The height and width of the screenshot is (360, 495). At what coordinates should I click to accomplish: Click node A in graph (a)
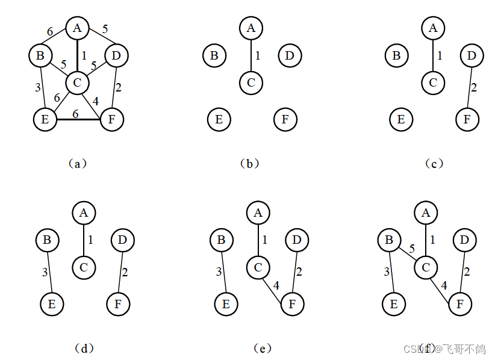[77, 28]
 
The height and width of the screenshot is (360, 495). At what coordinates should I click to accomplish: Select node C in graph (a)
[77, 82]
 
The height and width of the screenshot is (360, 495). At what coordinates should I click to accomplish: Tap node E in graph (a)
[45, 119]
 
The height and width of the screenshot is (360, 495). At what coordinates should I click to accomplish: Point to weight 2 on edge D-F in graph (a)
[118, 87]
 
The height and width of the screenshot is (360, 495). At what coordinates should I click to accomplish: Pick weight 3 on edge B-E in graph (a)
[37, 88]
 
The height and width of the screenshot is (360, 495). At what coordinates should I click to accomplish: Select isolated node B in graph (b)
[214, 56]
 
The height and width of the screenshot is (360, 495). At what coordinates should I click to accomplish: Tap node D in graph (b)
[290, 56]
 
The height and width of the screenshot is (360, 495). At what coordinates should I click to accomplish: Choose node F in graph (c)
[467, 119]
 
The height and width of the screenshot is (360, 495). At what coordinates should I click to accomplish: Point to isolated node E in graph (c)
[400, 119]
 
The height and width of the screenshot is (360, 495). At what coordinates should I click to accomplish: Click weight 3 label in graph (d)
[45, 273]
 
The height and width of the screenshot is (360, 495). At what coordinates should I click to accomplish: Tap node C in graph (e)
[258, 267]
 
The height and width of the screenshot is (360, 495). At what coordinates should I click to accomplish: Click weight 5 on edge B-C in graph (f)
[412, 249]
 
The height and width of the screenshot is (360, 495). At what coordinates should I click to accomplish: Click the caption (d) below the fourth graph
[85, 347]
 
